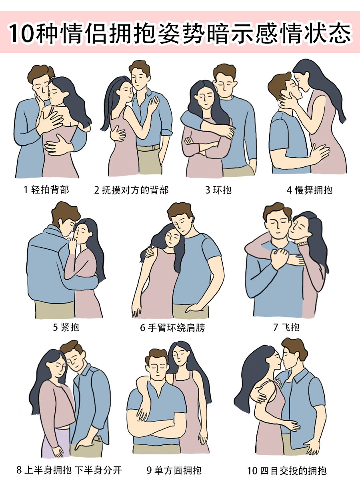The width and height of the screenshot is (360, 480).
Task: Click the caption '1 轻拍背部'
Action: click(x=46, y=190)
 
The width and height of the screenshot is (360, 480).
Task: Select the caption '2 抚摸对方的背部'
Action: click(x=131, y=190)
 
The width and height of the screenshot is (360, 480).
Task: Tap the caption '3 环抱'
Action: click(x=218, y=190)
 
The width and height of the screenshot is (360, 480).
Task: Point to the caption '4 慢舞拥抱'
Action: click(x=310, y=190)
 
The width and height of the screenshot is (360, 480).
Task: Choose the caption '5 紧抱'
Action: click(x=66, y=327)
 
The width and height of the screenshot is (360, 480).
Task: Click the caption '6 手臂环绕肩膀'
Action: click(x=173, y=328)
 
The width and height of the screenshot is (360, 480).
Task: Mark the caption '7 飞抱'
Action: click(x=286, y=327)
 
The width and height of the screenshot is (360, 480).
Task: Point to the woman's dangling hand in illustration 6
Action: click(x=136, y=311)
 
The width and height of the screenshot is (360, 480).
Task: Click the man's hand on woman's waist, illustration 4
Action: click(x=319, y=152)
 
